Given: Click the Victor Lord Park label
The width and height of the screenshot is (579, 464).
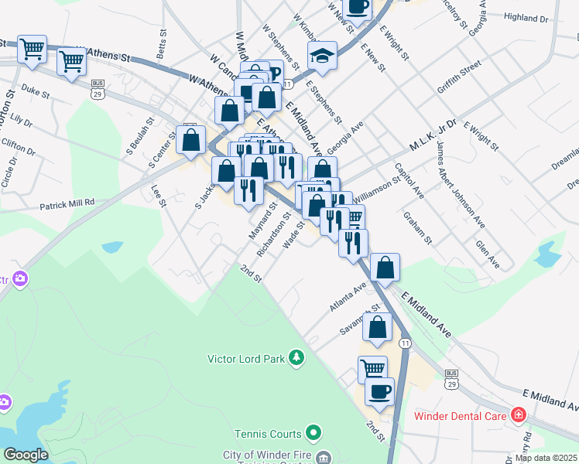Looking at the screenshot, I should pos(246,358).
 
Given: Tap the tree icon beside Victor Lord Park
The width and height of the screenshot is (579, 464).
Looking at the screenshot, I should pos(295,357).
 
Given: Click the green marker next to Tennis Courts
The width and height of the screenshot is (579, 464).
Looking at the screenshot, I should pos(313,432).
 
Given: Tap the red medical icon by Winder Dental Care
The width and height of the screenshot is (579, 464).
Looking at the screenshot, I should pos(518,416).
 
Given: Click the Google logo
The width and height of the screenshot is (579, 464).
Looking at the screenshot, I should pos(26,455).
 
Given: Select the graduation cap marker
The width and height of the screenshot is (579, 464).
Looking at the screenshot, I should pos(322,56).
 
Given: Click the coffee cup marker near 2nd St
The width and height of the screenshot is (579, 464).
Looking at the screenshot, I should pos(379,391).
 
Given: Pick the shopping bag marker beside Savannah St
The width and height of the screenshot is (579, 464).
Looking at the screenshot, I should pos(378,326).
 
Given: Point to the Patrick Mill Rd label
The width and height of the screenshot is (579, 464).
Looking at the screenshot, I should pos(67,203).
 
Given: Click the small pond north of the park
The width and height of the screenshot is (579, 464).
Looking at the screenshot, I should pos(112,247).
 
